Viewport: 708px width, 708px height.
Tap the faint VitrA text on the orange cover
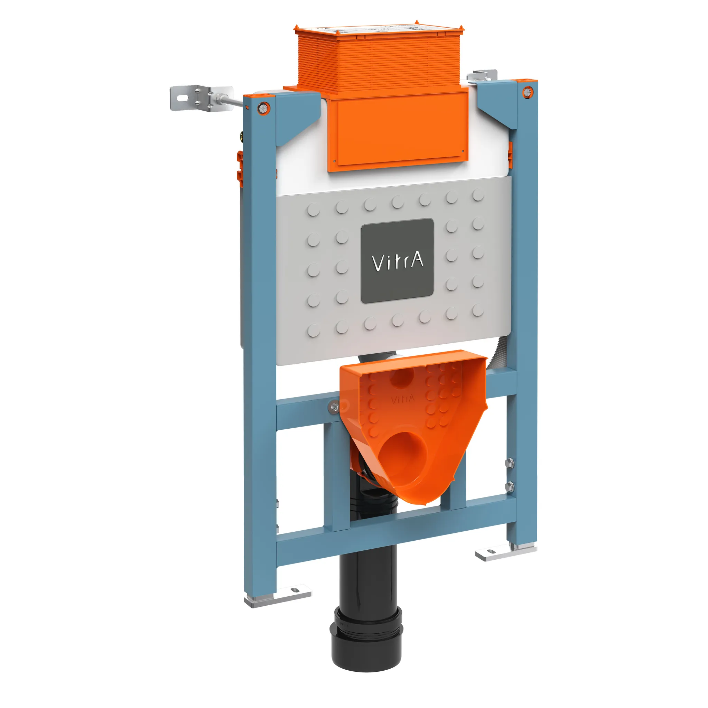tap(403, 399)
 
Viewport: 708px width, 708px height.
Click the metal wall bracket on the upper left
tap(201, 98)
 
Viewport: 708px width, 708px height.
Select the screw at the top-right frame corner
tap(527, 91)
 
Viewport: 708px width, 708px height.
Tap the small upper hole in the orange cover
tap(402, 377)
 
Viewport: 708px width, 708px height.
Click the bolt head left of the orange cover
tap(334, 406)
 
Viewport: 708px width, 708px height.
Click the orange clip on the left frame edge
tap(239, 165)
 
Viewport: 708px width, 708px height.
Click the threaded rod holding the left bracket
tap(234, 101)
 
